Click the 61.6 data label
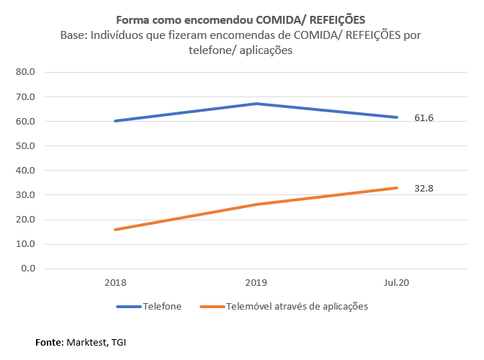pos(423,118)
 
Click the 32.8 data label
pos(423,189)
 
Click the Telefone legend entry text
pos(163,306)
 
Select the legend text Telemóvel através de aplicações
pos(297,306)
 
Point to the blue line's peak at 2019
pos(256,104)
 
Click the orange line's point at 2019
pos(256,204)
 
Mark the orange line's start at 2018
pos(115,230)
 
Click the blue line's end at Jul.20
pos(397,117)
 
